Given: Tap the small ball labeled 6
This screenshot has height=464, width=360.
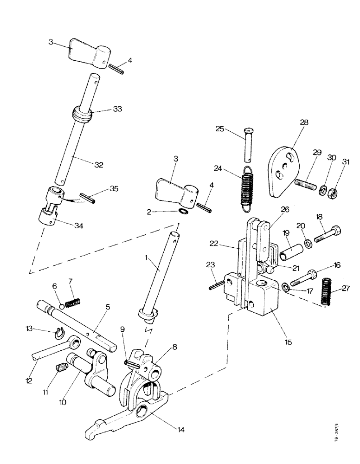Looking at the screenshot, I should pyautogui.click(x=61, y=307).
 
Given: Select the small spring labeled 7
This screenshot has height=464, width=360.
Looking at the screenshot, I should pyautogui.click(x=73, y=304).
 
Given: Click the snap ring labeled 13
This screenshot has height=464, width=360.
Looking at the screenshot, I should pyautogui.click(x=59, y=332).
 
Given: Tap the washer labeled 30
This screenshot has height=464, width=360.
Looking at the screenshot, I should pyautogui.click(x=321, y=189).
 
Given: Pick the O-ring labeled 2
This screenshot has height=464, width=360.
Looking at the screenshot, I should pyautogui.click(x=184, y=212).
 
